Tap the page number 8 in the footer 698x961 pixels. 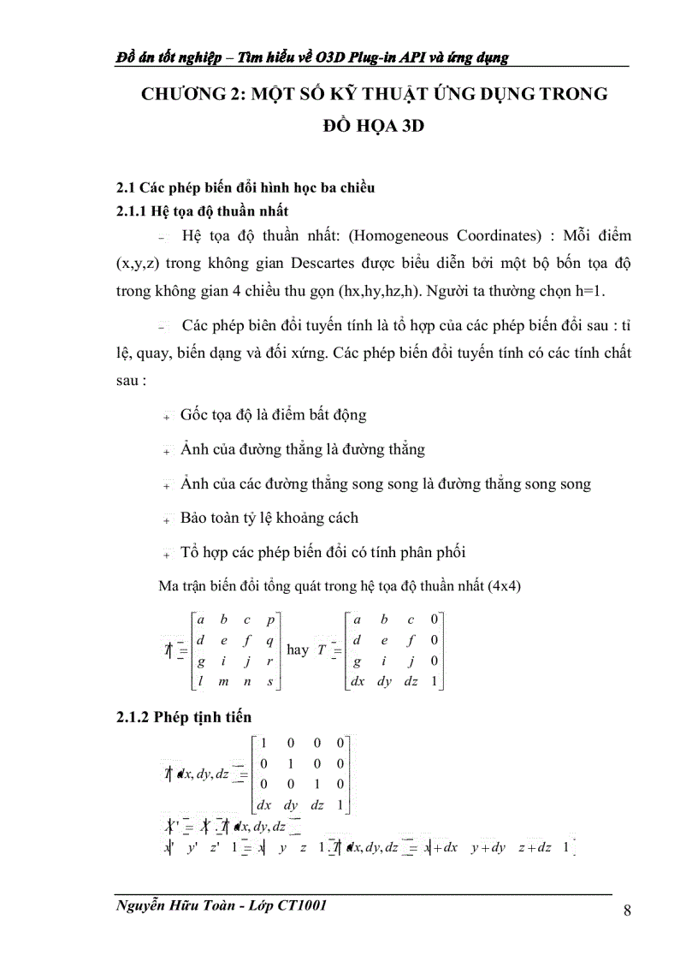pos(627,911)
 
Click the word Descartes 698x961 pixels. pos(327,263)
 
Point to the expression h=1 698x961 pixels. pos(583,290)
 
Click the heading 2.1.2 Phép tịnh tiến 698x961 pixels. pos(184,716)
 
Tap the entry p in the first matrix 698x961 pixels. pos(269,619)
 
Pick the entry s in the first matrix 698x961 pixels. pos(269,681)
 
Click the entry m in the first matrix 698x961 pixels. pos(223,681)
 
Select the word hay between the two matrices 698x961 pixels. pos(298,650)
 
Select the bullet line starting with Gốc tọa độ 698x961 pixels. pos(273,415)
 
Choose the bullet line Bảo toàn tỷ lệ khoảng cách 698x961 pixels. pos(269,518)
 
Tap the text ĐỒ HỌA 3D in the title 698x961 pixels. pos(374,127)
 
